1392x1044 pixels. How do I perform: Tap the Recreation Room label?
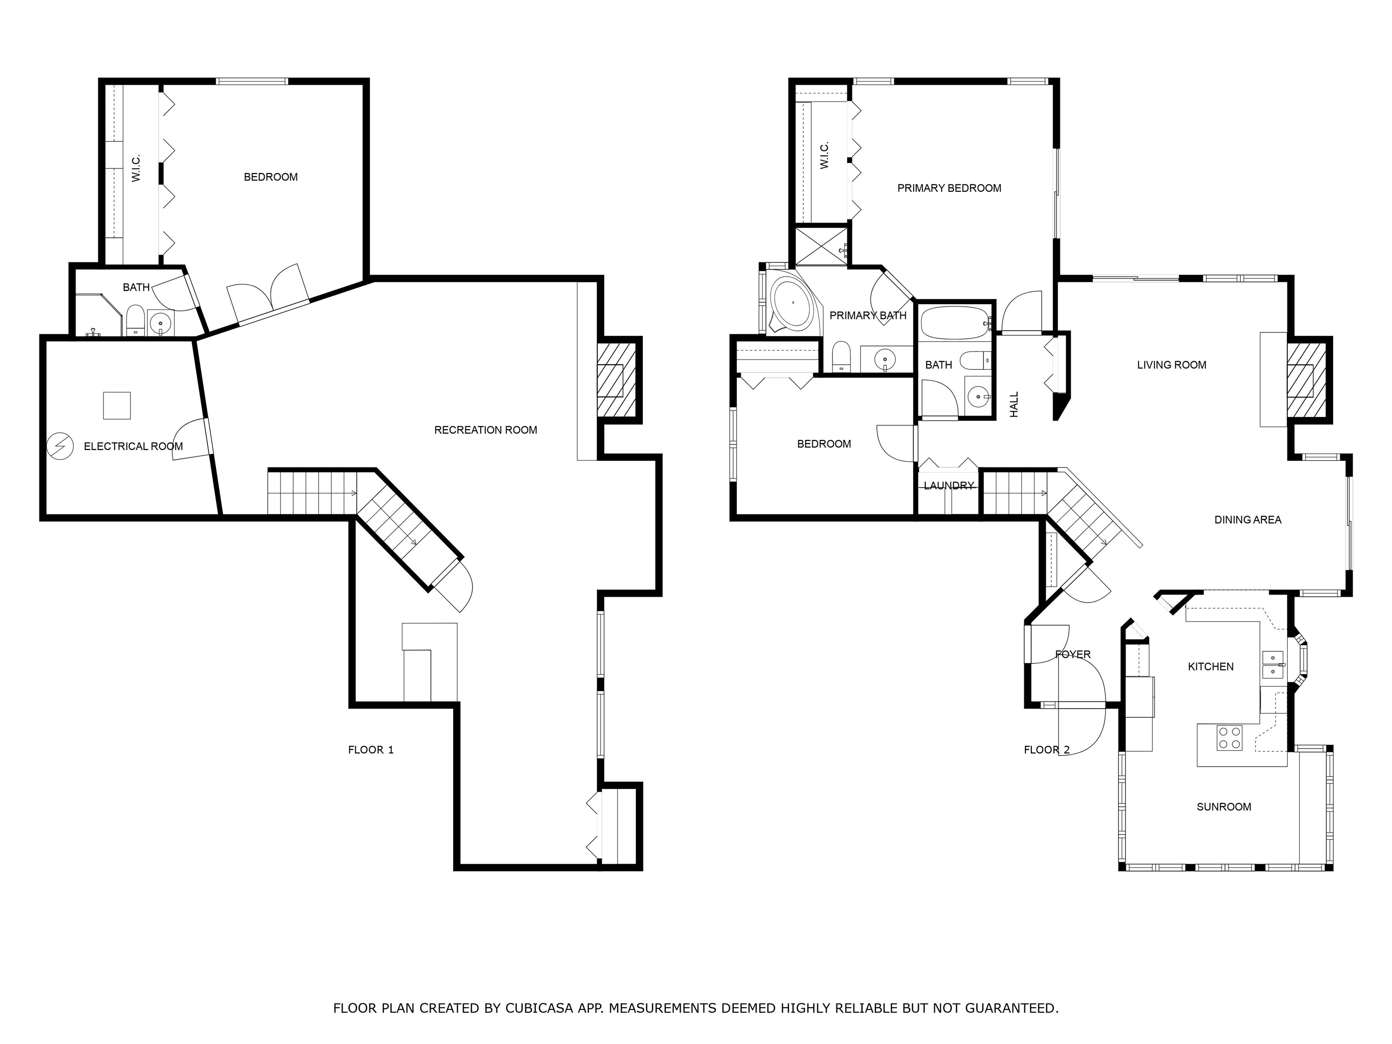click(485, 430)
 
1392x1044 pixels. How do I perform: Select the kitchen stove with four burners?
click(1229, 738)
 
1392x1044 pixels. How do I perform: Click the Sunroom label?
click(1223, 807)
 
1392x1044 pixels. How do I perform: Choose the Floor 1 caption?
click(371, 749)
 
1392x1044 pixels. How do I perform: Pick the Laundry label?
click(948, 486)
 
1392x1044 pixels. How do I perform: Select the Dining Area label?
click(1247, 520)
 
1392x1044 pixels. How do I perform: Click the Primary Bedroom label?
click(949, 188)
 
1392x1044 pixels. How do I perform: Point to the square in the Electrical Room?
click(117, 405)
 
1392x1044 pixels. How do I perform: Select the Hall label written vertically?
click(1014, 405)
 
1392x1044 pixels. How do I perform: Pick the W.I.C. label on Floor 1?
click(136, 169)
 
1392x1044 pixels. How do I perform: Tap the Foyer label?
click(1073, 654)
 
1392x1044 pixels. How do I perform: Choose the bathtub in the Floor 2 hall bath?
click(953, 323)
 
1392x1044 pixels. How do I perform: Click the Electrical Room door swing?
click(189, 439)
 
